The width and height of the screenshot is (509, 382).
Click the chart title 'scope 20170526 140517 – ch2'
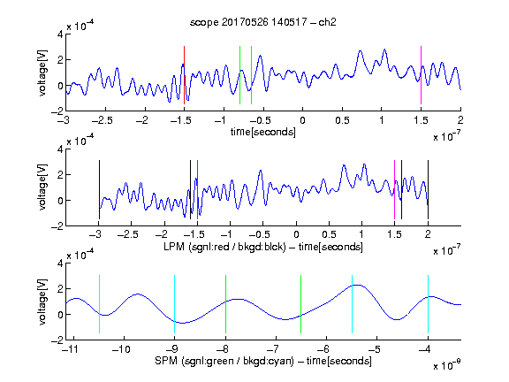(x=263, y=22)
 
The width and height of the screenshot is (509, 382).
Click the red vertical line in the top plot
(x=184, y=75)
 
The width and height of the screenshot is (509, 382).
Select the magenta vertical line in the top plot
(x=421, y=75)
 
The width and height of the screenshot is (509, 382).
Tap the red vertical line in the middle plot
(x=197, y=190)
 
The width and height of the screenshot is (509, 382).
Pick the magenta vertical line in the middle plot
(x=394, y=190)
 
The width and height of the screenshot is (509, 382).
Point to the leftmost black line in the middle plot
(x=99, y=190)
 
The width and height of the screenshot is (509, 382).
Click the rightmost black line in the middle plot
(x=428, y=190)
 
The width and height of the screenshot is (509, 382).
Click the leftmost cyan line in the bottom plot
(x=99, y=304)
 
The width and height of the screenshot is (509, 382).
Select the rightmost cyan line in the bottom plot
(x=428, y=304)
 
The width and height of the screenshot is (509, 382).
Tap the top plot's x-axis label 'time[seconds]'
(x=263, y=132)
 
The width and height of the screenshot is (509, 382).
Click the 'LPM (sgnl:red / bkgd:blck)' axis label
(x=224, y=247)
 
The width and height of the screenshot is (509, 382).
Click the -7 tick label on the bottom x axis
(x=273, y=349)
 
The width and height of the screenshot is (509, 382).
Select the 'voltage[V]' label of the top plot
(x=42, y=73)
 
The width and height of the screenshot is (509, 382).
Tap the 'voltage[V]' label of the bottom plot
(x=42, y=302)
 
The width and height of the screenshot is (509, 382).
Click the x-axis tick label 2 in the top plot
(x=460, y=120)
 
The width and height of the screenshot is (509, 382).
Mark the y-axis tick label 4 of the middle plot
(x=60, y=149)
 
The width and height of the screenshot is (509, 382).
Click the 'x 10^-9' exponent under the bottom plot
(x=447, y=365)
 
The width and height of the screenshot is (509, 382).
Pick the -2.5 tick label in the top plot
(x=103, y=120)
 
